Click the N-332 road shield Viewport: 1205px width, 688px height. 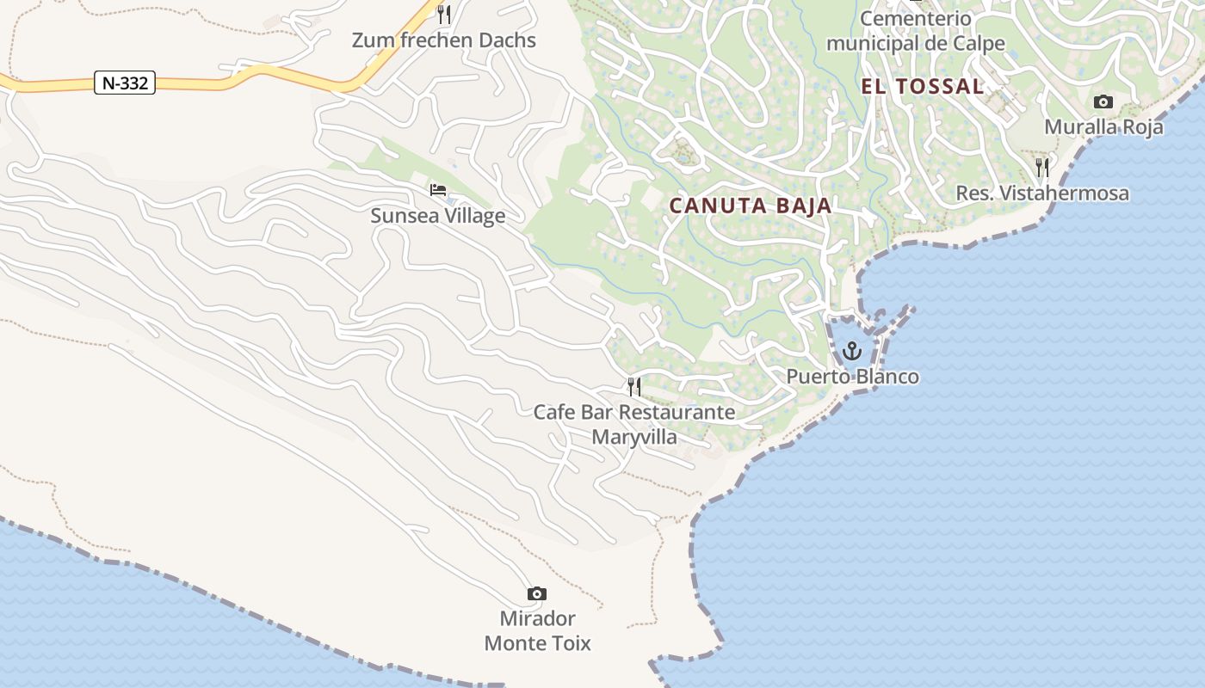[125, 83]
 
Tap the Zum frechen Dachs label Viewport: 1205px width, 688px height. [443, 40]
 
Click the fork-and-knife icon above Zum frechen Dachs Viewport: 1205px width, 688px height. [443, 14]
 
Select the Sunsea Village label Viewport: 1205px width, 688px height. [437, 215]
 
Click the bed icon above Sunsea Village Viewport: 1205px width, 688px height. [438, 189]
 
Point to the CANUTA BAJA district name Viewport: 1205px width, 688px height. [751, 206]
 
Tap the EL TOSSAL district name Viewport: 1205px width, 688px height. [922, 86]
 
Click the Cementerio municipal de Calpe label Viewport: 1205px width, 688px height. [916, 31]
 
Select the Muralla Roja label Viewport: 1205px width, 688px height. [1103, 127]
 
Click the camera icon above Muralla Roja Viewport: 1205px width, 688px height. [1103, 101]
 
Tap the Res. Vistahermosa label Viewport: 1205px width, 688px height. [1042, 193]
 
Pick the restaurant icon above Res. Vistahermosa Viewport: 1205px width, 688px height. [1042, 167]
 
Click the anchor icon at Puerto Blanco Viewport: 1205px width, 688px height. [851, 351]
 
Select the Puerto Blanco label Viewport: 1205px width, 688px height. [852, 377]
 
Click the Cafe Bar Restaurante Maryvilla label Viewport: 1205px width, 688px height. [634, 424]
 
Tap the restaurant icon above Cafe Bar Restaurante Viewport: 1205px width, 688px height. [634, 387]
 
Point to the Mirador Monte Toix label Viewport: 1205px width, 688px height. [537, 630]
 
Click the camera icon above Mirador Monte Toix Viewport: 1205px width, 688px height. [536, 593]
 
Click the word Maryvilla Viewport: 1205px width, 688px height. [634, 437]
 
